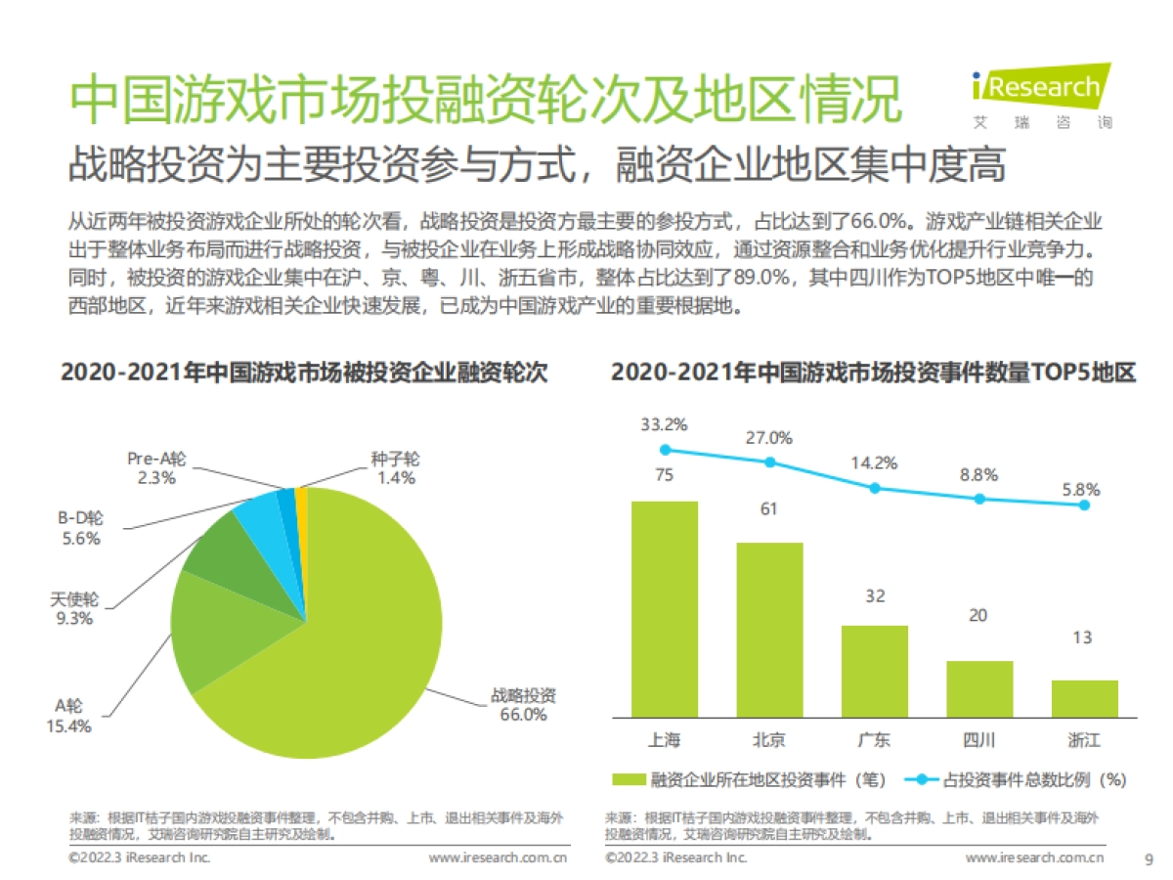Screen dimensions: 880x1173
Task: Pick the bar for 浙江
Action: point(1085,698)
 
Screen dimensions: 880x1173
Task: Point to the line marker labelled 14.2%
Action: point(875,487)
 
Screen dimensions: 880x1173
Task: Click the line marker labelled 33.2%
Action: point(665,450)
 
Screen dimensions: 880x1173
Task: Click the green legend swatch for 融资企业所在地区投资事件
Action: point(629,779)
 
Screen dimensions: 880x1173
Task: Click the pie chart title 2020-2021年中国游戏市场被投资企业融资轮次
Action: point(304,374)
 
